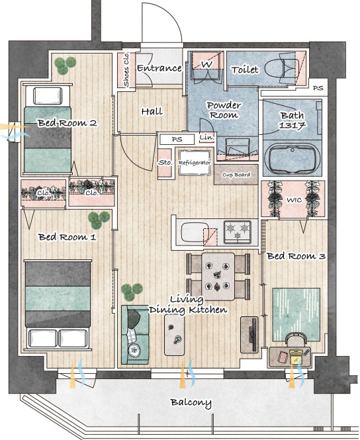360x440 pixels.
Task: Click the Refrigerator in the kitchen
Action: pyautogui.click(x=195, y=163)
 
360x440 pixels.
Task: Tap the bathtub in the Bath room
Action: pyautogui.click(x=292, y=158)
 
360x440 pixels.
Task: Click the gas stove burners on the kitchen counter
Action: pyautogui.click(x=237, y=232)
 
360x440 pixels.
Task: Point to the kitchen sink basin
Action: pyautogui.click(x=194, y=233)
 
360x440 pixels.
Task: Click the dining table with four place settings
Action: pyautogui.click(x=218, y=277)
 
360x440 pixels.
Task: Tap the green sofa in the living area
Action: pyautogui.click(x=135, y=335)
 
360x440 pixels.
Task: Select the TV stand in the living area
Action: pyautogui.click(x=249, y=335)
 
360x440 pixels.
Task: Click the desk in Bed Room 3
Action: pyautogui.click(x=290, y=357)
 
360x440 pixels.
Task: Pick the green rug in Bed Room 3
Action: pyautogui.click(x=296, y=314)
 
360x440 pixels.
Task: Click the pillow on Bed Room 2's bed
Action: pyautogui.click(x=48, y=96)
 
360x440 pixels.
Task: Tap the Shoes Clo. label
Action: pyautogui.click(x=126, y=69)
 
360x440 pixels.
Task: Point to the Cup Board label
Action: pyautogui.click(x=236, y=175)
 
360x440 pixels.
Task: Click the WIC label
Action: pyautogui.click(x=294, y=200)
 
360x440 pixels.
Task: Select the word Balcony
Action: pyautogui.click(x=191, y=403)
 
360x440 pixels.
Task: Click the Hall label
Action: pyautogui.click(x=152, y=112)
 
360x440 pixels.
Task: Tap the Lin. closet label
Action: pyautogui.click(x=206, y=138)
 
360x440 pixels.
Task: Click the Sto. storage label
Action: pyautogui.click(x=165, y=163)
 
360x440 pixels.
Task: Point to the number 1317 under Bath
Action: pyautogui.click(x=292, y=126)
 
